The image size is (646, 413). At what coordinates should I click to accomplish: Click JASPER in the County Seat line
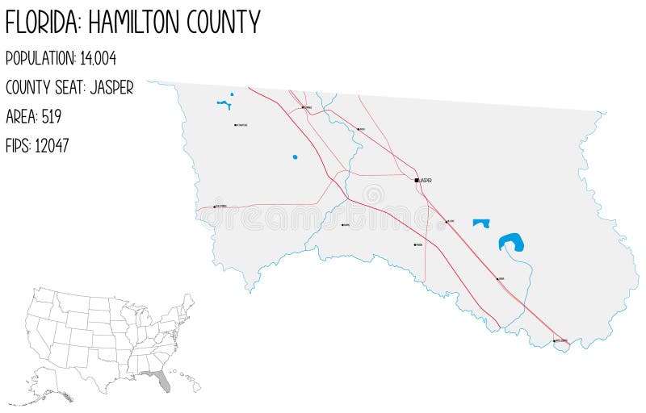[111, 87]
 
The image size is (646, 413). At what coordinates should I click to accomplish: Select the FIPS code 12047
[52, 145]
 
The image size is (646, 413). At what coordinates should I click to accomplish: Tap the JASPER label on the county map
[426, 180]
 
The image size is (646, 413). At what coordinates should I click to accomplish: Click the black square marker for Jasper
[417, 180]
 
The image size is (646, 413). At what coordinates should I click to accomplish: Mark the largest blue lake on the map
[511, 242]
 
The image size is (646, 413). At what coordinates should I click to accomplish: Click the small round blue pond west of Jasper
[295, 156]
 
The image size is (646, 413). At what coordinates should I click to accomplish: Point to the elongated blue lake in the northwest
[224, 103]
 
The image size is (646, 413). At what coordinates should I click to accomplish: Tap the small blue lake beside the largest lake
[481, 223]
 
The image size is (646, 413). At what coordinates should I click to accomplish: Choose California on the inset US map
[36, 331]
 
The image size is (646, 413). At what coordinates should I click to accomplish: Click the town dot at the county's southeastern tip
[554, 341]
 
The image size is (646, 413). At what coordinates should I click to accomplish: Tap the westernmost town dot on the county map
[214, 206]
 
